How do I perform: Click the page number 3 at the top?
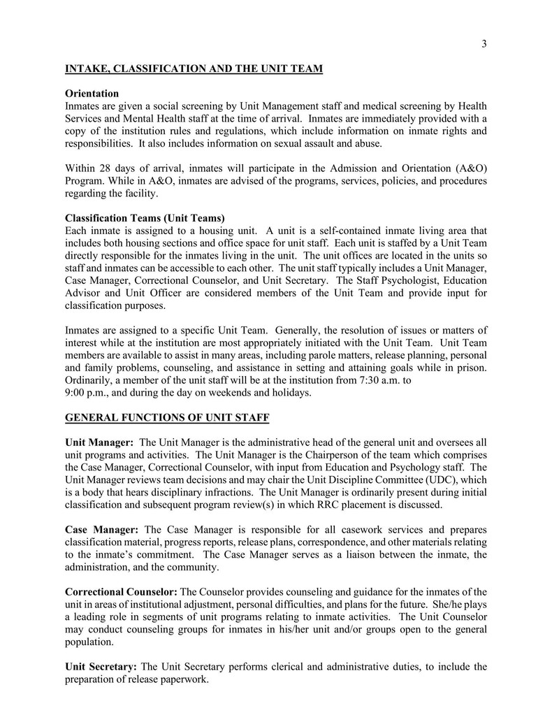(484, 44)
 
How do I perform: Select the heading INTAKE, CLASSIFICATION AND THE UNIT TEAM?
(194, 68)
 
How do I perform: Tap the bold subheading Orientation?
(92, 94)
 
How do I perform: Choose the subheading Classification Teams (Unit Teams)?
(145, 218)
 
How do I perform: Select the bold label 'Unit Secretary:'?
(101, 667)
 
